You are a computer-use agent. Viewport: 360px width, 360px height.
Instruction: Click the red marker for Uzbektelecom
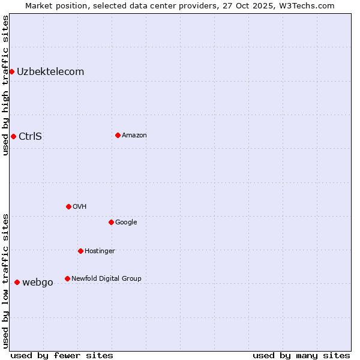[x=11, y=72]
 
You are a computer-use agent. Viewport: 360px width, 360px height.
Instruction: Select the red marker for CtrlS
[x=13, y=136]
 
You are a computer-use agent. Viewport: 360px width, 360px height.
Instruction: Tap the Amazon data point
[x=118, y=135]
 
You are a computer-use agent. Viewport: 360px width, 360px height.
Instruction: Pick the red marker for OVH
[x=68, y=206]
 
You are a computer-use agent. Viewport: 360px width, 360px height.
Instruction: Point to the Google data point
[x=111, y=222]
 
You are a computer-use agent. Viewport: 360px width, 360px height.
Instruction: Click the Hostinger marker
[x=80, y=251]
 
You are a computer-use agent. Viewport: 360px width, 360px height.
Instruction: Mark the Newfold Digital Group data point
[x=67, y=278]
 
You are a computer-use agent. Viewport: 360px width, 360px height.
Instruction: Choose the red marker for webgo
[x=17, y=282]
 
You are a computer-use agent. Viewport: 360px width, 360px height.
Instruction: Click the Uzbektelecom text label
[x=50, y=72]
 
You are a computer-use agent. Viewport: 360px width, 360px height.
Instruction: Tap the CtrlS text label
[x=30, y=136]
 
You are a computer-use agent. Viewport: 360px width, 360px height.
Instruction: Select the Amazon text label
[x=134, y=135]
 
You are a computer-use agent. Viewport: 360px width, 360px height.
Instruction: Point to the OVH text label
[x=80, y=206]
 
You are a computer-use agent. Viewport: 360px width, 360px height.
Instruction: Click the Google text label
[x=126, y=222]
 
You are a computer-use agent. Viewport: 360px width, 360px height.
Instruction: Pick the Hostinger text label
[x=100, y=251]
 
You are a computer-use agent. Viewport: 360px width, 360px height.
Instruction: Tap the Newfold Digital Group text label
[x=106, y=278]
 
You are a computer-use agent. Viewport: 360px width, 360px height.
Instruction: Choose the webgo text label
[x=38, y=282]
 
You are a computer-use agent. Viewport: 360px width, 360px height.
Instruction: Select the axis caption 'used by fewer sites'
[x=62, y=355]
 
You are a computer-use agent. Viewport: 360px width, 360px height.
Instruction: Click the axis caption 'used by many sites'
[x=301, y=355]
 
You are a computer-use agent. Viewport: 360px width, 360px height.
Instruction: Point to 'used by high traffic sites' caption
[x=5, y=85]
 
